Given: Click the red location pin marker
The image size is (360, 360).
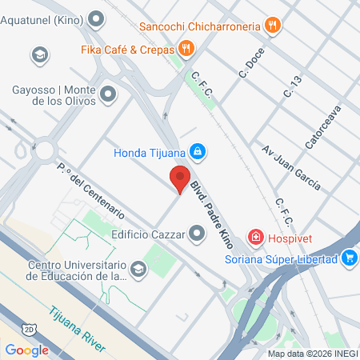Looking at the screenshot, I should click(x=179, y=178).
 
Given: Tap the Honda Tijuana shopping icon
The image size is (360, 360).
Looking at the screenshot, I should click(x=199, y=151).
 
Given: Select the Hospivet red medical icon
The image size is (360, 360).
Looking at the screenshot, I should click(x=256, y=237).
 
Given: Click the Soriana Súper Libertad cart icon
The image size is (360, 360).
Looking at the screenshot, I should click(x=349, y=258).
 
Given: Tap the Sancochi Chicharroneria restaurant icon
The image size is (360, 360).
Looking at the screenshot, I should click(x=273, y=26).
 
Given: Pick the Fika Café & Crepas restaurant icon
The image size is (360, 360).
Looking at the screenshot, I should click(x=186, y=48).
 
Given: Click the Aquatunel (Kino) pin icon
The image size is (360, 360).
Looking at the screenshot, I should click(x=98, y=17).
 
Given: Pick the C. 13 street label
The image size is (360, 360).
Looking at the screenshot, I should click(x=293, y=86).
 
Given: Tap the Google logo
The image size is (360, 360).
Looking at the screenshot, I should click(x=27, y=349).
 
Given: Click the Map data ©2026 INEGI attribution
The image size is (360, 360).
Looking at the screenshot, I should click(x=311, y=353).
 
